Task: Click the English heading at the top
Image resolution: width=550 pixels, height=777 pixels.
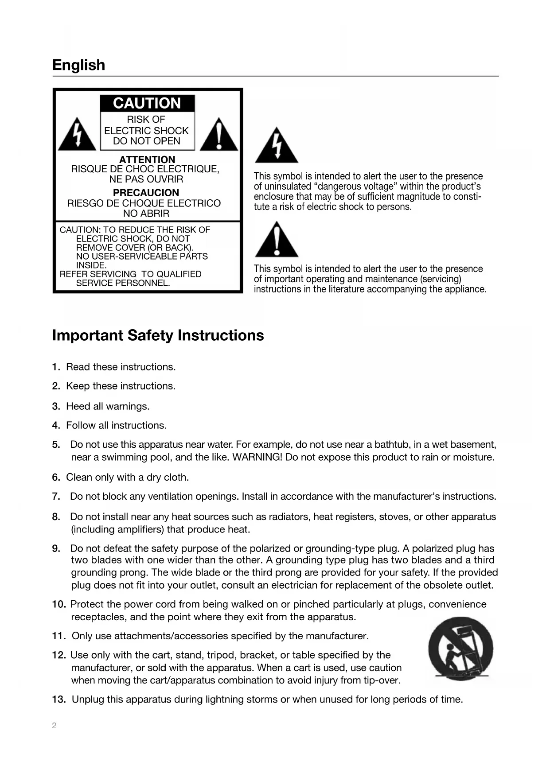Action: coord(78,65)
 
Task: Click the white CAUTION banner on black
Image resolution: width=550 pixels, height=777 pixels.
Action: coord(147,103)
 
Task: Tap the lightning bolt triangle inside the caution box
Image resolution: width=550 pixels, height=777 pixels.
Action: coord(77,135)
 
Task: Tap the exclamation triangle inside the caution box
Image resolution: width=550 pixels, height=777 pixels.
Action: coord(219,135)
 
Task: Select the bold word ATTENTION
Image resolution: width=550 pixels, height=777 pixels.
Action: coord(147,159)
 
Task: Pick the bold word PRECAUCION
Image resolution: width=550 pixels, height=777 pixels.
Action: coord(146,193)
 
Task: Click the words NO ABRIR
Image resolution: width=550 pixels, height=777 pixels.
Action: coord(146,214)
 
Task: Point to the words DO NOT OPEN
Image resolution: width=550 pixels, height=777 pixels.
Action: coord(147,141)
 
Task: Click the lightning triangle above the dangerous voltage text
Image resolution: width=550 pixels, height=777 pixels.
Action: coord(276,146)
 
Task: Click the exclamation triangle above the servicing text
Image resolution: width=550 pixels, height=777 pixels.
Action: coord(276,240)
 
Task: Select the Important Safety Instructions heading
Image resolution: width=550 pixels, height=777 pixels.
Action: coord(158,335)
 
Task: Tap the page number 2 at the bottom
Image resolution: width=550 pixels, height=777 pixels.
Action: coord(54,726)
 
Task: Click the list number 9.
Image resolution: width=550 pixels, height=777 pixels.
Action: coord(56,548)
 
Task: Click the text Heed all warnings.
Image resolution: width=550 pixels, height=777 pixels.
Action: coord(108,406)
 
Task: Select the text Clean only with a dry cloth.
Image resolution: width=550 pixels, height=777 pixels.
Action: coord(127,477)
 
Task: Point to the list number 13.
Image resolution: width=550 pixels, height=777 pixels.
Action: coord(59,699)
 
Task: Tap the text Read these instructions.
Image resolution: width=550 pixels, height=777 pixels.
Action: coord(121,367)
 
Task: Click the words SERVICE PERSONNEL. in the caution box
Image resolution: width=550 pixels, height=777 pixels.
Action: coord(123,283)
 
